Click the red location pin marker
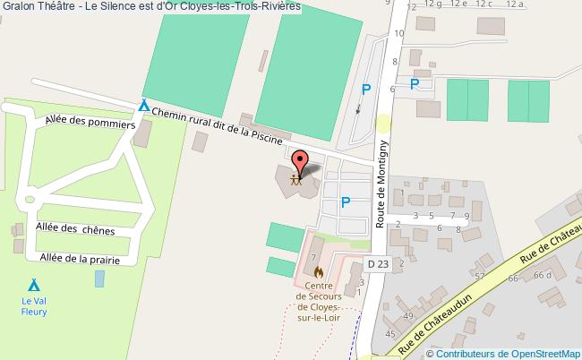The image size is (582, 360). [x=301, y=161]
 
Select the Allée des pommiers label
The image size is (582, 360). [x=83, y=122]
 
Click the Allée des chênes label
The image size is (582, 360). [x=75, y=228]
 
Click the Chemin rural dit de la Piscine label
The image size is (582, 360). [x=217, y=124]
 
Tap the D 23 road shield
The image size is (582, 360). [x=378, y=263]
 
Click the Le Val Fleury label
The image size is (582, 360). [x=34, y=306]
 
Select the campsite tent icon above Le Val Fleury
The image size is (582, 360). [x=33, y=285]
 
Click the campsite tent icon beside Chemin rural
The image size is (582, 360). [x=143, y=106]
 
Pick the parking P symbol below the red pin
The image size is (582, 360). [x=345, y=202]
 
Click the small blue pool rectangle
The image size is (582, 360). [x=98, y=278]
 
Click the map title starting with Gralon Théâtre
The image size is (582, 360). [x=151, y=6]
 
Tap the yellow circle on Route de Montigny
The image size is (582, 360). [x=383, y=124]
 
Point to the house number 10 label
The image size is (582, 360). [x=398, y=34]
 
